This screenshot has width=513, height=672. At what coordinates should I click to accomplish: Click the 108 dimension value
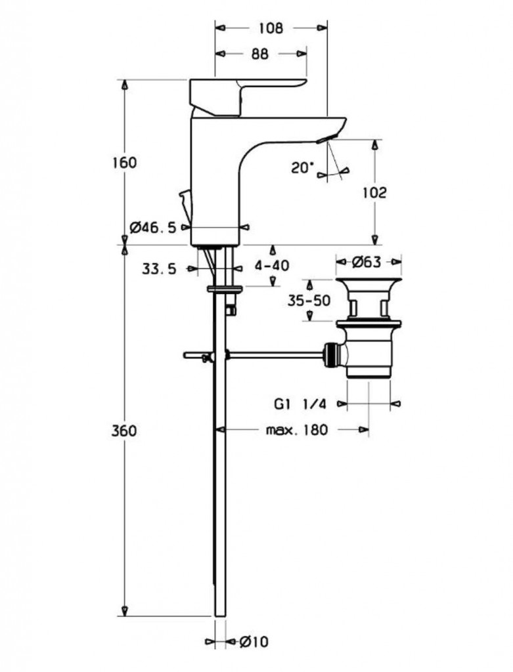(x=271, y=28)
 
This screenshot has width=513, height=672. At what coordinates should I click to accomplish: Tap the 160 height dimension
(x=124, y=162)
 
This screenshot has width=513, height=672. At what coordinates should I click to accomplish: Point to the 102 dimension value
(x=374, y=192)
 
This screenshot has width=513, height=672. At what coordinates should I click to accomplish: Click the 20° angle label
(x=303, y=167)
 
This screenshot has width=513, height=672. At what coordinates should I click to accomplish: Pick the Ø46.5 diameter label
(x=153, y=227)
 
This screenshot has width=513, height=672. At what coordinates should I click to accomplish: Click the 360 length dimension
(x=124, y=430)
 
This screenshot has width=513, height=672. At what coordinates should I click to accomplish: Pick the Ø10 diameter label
(x=247, y=641)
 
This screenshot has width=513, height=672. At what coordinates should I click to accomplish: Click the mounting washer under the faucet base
(x=225, y=288)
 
